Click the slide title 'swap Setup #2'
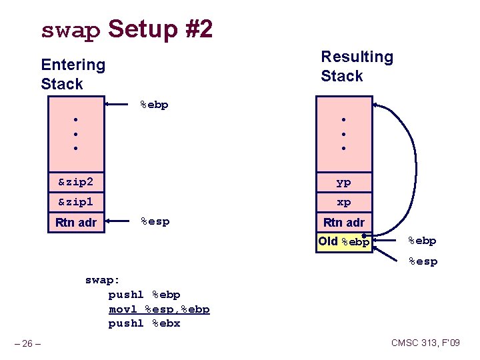(127, 30)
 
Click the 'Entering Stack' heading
(73, 74)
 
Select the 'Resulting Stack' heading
(357, 66)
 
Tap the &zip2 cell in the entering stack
(75, 181)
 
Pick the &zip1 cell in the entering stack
(75, 201)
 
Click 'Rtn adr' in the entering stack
(75, 222)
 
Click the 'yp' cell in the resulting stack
(343, 181)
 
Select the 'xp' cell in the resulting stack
(343, 201)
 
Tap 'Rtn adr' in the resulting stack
(343, 222)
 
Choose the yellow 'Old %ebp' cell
(343, 241)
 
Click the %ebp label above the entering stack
(154, 104)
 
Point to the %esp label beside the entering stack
(154, 221)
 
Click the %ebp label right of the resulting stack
(423, 241)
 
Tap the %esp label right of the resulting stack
(423, 261)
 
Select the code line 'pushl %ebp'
(144, 295)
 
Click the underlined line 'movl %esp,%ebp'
(159, 309)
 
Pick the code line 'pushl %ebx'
(144, 323)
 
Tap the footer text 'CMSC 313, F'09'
(425, 343)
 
